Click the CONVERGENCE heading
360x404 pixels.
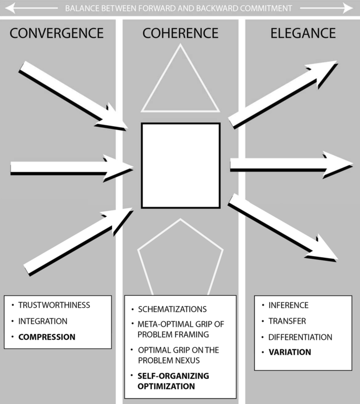pyautogui.click(x=57, y=33)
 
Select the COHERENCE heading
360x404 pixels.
pyautogui.click(x=180, y=33)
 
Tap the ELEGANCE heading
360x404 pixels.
pyautogui.click(x=303, y=33)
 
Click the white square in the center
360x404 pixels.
pyautogui.click(x=180, y=165)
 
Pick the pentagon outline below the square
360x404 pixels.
pyautogui.click(x=180, y=258)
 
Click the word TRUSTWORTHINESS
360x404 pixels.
pyautogui.click(x=54, y=305)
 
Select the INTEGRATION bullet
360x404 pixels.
pyautogui.click(x=43, y=321)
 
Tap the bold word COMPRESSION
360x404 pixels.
pyautogui.click(x=47, y=337)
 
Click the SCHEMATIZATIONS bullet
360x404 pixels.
pyautogui.click(x=172, y=309)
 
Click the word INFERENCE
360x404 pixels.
pyautogui.click(x=289, y=305)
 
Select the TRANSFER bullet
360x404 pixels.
pyautogui.click(x=287, y=321)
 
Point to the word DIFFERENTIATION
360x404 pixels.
pyautogui.click(x=300, y=337)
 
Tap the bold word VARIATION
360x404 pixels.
pyautogui.click(x=290, y=352)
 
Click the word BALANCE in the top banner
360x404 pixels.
pyautogui.click(x=81, y=8)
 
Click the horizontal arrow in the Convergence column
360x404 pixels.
pyautogui.click(x=68, y=168)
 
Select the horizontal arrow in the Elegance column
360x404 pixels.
pyautogui.click(x=289, y=165)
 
